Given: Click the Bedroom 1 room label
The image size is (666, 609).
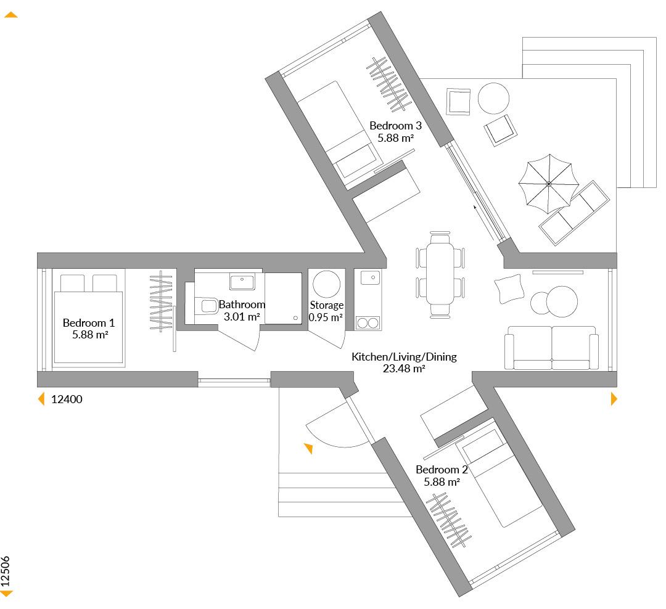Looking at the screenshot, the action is pos(89,329).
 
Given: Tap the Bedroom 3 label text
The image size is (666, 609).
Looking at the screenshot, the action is pos(395,132).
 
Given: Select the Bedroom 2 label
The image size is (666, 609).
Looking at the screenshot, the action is pos(442,476).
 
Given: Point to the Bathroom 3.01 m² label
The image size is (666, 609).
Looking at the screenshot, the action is pos(242,311).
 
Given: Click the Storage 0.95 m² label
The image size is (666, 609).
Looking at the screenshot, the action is pos(326,311).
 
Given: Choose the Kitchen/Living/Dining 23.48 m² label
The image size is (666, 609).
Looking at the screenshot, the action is pos(404,362).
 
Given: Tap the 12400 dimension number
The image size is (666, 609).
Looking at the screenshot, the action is pos(67,399).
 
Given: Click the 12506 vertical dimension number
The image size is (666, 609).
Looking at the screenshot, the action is pos(6,571).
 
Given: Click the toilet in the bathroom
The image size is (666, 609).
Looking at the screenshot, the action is pos(207,305).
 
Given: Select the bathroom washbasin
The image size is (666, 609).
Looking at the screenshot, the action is pos(242,282).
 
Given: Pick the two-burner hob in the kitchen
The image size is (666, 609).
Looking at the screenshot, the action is pos(368,323).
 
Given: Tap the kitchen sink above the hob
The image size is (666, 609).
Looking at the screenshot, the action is pos(370,277).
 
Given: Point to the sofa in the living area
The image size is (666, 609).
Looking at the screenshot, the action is pos(551,348).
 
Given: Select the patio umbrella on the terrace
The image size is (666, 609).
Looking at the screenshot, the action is pos(549,184).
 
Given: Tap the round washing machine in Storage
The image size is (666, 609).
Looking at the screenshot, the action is pos(326,284).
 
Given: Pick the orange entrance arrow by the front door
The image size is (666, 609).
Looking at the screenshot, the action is pos(309,448).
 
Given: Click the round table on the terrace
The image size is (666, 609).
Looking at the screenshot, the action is pos(493,99).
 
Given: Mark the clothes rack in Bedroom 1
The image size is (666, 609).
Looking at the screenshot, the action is pos(161,301).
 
